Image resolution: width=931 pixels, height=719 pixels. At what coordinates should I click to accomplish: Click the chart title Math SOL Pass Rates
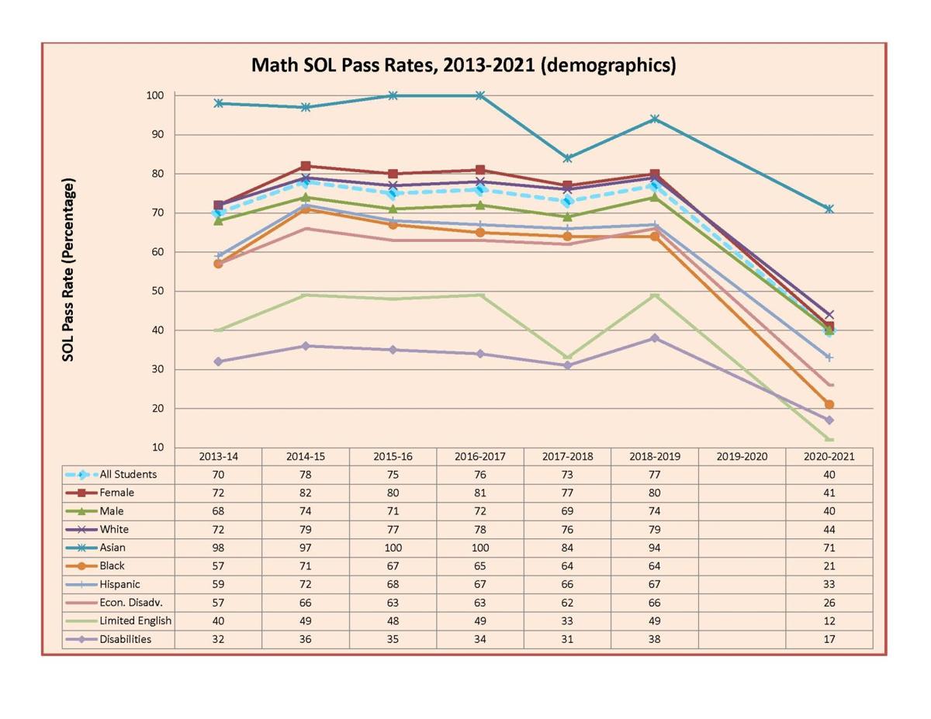point(463,65)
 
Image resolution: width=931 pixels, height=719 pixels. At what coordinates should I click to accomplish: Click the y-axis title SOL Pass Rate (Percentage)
point(69,270)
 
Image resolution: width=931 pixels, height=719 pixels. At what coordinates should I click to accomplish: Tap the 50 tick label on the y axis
point(156,291)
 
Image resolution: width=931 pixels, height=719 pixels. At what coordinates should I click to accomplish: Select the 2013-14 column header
point(218,456)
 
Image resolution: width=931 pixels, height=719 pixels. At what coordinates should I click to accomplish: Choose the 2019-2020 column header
point(742,456)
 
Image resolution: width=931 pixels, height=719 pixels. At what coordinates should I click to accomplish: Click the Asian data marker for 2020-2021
point(829,209)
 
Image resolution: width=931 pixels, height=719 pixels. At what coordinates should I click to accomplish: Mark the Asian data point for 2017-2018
point(567,158)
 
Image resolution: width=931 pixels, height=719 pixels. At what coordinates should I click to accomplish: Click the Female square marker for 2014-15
point(306,166)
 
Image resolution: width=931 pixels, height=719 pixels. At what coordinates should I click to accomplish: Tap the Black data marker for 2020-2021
point(829,404)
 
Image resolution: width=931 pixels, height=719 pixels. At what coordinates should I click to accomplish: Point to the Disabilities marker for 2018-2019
point(655,338)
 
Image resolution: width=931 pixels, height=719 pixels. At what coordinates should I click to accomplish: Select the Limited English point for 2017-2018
point(567,358)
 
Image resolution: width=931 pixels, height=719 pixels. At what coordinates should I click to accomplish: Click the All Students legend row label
point(127,475)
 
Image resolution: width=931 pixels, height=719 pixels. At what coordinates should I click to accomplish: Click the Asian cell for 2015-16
point(393,548)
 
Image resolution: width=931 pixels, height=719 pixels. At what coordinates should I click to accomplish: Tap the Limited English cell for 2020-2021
point(829,620)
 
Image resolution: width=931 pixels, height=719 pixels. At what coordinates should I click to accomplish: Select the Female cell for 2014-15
point(306,493)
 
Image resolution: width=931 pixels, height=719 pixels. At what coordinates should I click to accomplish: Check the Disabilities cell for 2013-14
point(218,639)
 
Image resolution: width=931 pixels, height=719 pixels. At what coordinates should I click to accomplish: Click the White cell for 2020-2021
point(829,529)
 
